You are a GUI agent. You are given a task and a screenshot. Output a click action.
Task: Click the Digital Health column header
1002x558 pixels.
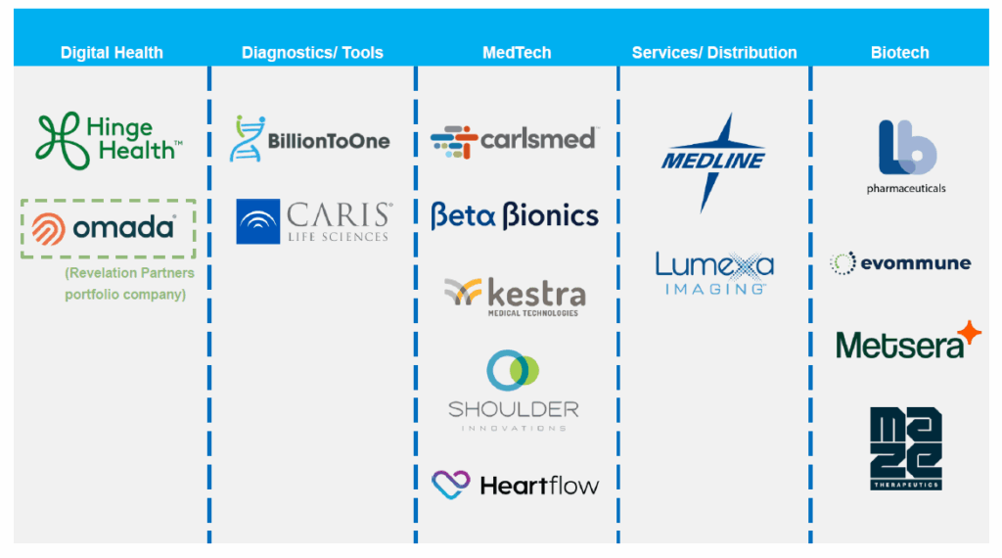click(x=112, y=53)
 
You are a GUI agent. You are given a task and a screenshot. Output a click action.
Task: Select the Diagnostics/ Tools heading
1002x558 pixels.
click(x=312, y=53)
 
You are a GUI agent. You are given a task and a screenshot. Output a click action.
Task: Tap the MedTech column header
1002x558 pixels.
click(x=517, y=53)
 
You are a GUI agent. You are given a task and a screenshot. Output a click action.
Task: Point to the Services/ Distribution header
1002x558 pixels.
click(x=714, y=53)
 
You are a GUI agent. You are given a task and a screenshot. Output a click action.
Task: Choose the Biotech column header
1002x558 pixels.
click(x=899, y=53)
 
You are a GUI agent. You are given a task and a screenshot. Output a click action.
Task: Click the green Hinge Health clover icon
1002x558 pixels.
click(x=57, y=140)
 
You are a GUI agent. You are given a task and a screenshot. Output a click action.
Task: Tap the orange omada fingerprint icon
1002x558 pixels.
click(x=48, y=229)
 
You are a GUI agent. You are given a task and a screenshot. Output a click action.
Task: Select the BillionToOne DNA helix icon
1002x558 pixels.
click(x=246, y=139)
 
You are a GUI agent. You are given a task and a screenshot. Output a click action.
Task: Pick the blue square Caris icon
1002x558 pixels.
click(x=258, y=222)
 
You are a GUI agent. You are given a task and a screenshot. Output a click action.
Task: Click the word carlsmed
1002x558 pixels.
click(x=537, y=139)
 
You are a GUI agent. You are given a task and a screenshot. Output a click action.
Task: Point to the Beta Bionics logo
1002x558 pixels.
click(x=515, y=215)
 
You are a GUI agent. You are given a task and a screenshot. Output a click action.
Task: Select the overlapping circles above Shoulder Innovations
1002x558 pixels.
click(x=513, y=371)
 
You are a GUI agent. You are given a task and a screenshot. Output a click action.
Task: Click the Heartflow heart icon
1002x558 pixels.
click(x=451, y=483)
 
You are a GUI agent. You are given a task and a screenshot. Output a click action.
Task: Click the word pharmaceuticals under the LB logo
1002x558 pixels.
click(x=906, y=188)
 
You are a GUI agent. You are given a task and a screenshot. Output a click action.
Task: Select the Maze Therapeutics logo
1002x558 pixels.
click(x=905, y=448)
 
